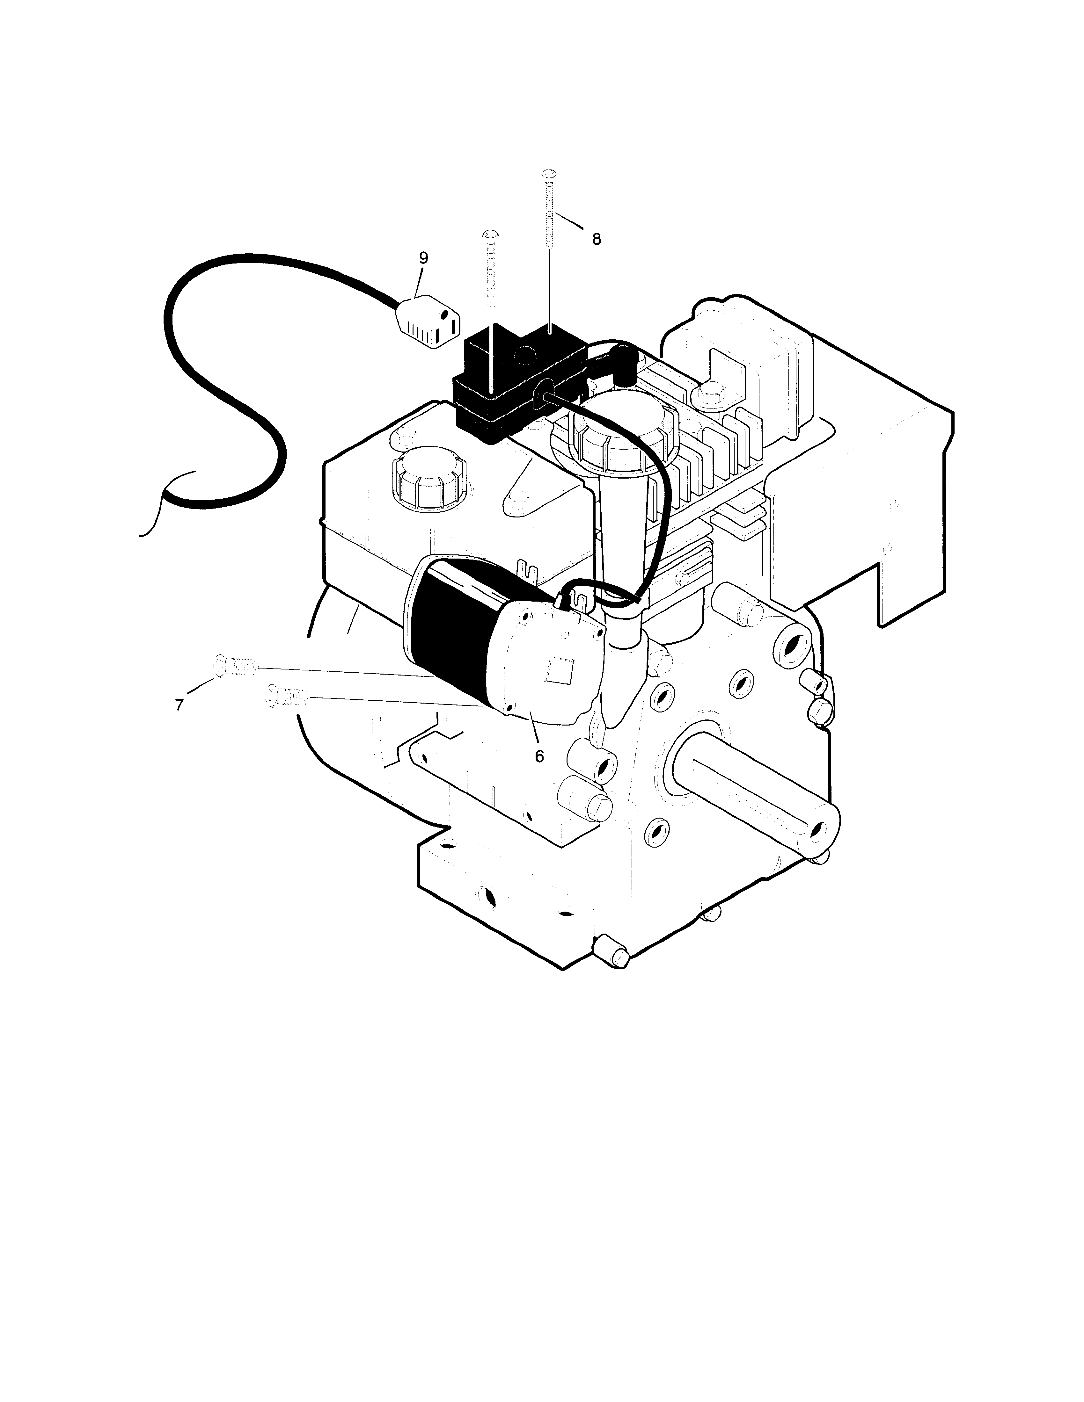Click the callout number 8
point(597,239)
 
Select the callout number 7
point(179,704)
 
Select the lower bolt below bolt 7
point(286,695)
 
